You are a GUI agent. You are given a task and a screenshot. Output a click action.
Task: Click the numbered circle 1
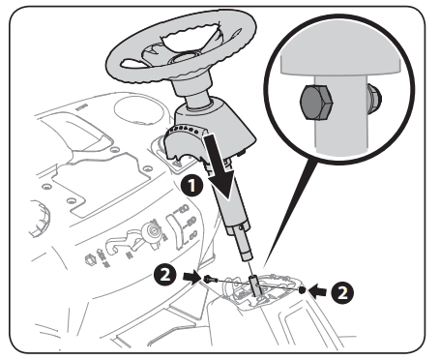click(192, 186)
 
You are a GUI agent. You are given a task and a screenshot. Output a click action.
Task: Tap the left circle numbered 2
click(165, 275)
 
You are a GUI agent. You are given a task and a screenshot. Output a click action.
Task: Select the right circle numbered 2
click(342, 293)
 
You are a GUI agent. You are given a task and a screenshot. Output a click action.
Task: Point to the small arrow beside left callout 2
click(191, 278)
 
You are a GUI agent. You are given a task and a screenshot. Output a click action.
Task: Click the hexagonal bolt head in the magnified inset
click(316, 103)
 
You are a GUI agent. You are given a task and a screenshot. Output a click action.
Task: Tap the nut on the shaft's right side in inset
click(373, 98)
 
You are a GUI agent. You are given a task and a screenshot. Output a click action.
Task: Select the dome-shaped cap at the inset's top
click(340, 61)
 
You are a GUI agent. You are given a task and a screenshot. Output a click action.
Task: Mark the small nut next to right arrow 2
click(302, 290)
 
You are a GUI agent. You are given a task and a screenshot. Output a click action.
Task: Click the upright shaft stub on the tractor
click(254, 285)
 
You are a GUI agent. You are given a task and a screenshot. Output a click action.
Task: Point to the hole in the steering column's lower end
click(241, 228)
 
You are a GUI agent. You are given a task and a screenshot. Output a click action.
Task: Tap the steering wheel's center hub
click(182, 58)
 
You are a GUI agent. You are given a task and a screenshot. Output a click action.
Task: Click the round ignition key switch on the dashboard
click(153, 231)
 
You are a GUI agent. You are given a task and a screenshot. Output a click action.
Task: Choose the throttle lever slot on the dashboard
click(176, 231)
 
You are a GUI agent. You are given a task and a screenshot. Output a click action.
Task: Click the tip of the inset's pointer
click(264, 267)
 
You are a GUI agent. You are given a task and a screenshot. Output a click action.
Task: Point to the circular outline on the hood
click(137, 108)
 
